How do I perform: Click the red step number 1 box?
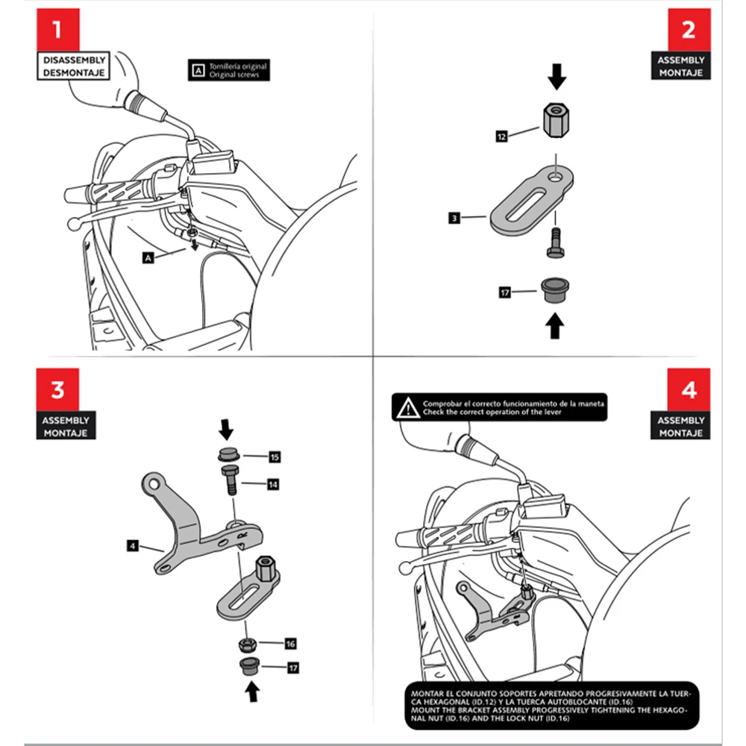click(58, 30)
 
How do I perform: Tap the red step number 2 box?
click(689, 30)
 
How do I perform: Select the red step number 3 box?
click(57, 389)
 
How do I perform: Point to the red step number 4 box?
click(689, 389)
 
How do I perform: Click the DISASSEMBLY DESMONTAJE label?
click(73, 66)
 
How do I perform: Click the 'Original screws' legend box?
click(229, 70)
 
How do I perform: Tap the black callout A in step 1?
click(148, 258)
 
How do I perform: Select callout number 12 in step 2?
click(501, 137)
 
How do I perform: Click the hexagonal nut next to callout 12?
click(556, 119)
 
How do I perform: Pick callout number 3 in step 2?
click(454, 218)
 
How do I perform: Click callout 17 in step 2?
click(505, 292)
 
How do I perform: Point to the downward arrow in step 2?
click(557, 77)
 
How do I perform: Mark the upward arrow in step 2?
click(555, 325)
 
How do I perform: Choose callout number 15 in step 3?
click(275, 457)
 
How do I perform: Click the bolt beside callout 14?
click(231, 480)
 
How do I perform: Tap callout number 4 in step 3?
click(133, 546)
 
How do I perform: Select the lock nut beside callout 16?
click(248, 645)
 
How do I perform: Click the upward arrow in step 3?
click(253, 692)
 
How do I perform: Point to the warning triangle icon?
click(408, 408)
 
